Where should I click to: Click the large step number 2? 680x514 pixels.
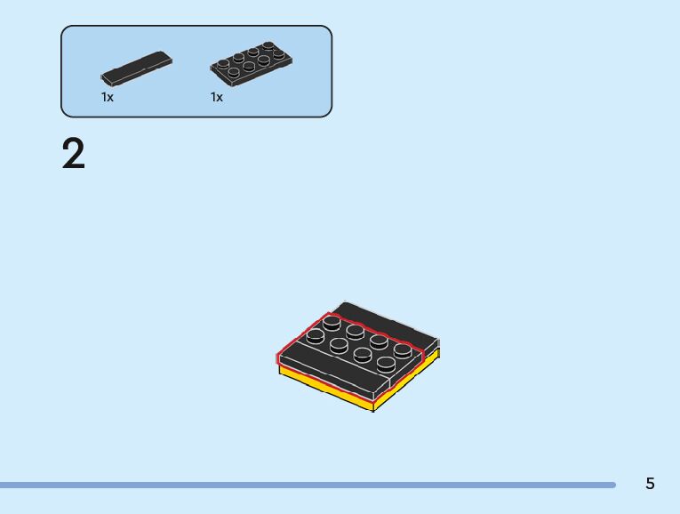click(74, 154)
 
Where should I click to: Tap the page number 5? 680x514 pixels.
click(650, 484)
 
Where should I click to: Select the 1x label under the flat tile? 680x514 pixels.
click(108, 97)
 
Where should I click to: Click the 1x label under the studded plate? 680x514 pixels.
click(217, 97)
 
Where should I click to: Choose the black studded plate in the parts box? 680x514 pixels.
click(252, 64)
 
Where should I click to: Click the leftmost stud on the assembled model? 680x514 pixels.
click(315, 335)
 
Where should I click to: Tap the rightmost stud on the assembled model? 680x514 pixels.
click(403, 349)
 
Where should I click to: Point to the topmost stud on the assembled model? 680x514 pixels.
click(332, 321)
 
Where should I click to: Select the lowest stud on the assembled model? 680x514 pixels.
click(386, 363)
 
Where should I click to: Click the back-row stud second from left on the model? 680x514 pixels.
click(355, 331)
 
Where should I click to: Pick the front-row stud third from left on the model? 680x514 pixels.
click(363, 354)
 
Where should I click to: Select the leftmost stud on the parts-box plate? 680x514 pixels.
click(223, 65)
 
